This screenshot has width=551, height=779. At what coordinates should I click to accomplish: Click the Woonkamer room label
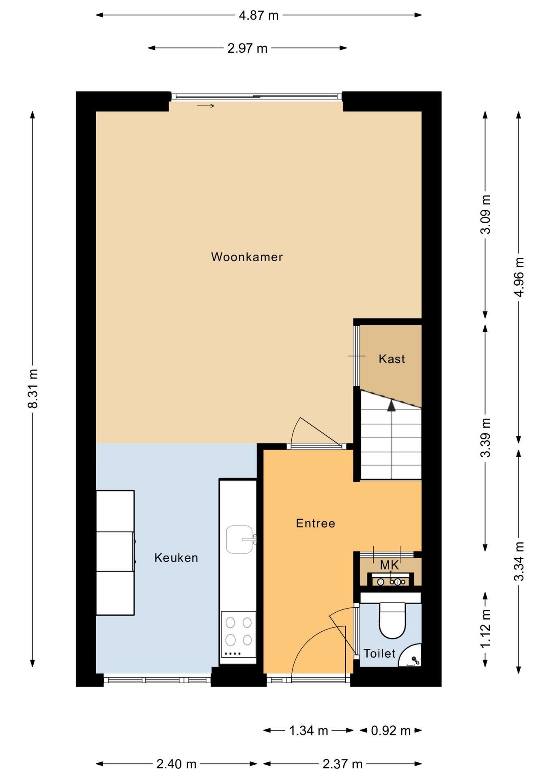[247, 257]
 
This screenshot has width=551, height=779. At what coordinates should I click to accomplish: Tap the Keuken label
[176, 558]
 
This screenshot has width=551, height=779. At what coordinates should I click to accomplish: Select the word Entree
[315, 523]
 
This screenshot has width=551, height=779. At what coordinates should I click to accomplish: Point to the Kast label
[392, 359]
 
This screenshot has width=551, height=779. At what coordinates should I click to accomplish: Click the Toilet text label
[379, 653]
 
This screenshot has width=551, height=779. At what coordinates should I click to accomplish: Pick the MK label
[390, 565]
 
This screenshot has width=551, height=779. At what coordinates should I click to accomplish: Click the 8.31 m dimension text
[32, 388]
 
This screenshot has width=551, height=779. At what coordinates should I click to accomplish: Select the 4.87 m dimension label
[259, 15]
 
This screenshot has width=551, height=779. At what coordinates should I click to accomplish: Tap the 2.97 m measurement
[248, 48]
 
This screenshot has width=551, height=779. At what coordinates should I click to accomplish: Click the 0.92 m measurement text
[391, 731]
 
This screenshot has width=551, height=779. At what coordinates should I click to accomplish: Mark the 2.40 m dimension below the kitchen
[176, 764]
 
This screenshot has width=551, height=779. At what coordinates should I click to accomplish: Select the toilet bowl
[392, 620]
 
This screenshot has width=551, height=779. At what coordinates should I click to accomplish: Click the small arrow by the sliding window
[205, 106]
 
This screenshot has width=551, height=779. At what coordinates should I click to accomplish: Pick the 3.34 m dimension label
[519, 562]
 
